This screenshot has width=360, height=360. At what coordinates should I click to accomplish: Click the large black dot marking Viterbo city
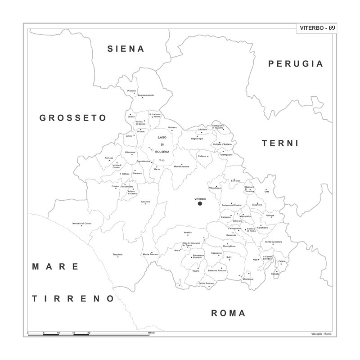pyautogui.click(x=200, y=203)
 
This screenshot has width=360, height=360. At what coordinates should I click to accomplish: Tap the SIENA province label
pyautogui.click(x=126, y=49)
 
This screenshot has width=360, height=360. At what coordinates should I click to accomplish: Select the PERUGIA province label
pyautogui.click(x=296, y=64)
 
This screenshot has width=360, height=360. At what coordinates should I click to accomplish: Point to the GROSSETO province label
pyautogui.click(x=73, y=118)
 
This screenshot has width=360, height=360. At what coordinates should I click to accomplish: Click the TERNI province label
pyautogui.click(x=280, y=144)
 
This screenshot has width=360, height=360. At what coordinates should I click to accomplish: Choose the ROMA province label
pyautogui.click(x=228, y=313)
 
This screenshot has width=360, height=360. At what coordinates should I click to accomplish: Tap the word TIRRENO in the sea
pyautogui.click(x=73, y=298)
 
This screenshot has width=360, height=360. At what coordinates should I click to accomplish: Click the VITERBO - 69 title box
pyautogui.click(x=317, y=28)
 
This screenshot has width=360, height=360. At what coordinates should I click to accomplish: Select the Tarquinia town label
pyautogui.click(x=117, y=255)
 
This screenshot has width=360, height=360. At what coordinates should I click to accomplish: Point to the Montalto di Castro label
pyautogui.click(x=82, y=223)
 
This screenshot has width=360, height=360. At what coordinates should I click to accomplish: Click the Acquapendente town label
pyautogui.click(x=145, y=95)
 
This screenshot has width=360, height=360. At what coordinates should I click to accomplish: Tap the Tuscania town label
pyautogui.click(x=145, y=201)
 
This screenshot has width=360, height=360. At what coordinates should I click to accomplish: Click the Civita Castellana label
pyautogui.click(x=274, y=242)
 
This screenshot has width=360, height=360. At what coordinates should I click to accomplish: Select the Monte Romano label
pyautogui.click(x=150, y=255)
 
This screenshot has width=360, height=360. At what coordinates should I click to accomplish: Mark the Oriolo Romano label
pyautogui.click(x=208, y=283)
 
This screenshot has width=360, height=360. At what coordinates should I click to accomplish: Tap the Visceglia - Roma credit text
pyautogui.click(x=321, y=333)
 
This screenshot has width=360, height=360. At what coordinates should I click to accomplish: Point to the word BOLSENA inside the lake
pyautogui.click(x=162, y=152)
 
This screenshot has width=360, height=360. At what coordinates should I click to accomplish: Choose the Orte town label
pyautogui.click(x=266, y=192)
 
